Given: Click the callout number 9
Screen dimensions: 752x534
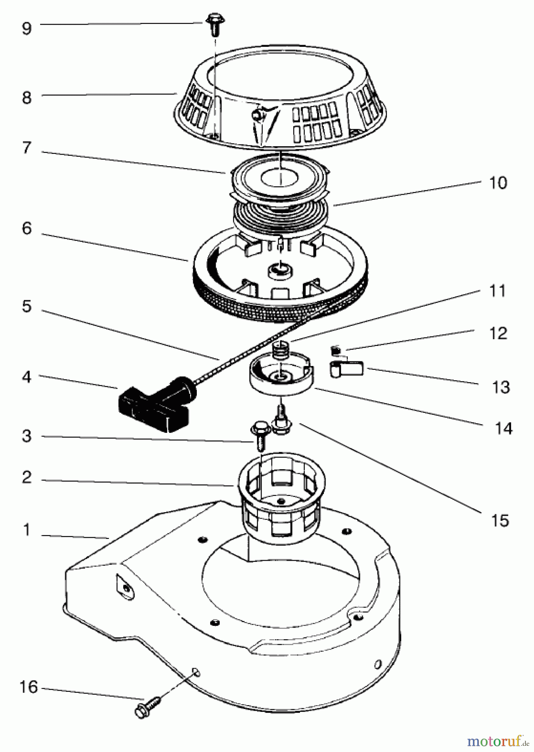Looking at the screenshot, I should click(27, 28).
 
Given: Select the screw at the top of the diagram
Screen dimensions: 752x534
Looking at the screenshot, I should click(213, 22).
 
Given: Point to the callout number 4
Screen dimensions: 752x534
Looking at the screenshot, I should click(27, 377).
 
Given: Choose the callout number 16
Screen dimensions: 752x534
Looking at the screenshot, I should click(29, 686).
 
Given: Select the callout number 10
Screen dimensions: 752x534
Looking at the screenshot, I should click(498, 183).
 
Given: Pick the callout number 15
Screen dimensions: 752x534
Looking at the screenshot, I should click(500, 521).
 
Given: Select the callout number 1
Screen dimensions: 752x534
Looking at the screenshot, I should click(27, 530).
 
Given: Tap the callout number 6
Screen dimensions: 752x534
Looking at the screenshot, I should click(27, 229).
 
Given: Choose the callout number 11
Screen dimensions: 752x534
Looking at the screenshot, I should click(497, 291).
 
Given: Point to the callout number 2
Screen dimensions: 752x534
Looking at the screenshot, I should click(27, 477).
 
